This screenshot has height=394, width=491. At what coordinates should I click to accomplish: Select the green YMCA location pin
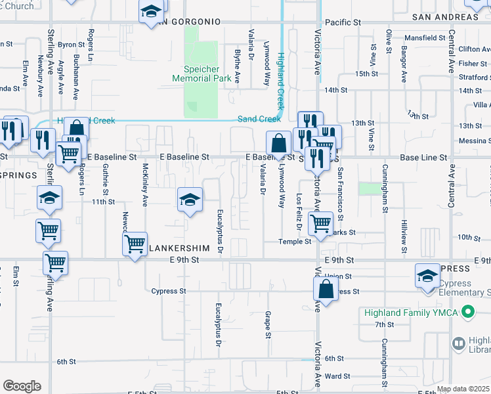click(x=468, y=312)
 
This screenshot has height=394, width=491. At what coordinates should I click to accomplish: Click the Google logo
click(x=22, y=386)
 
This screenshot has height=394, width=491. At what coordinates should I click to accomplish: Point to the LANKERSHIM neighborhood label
click(x=181, y=249)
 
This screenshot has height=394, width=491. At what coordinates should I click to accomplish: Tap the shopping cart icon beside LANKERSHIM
click(x=135, y=244)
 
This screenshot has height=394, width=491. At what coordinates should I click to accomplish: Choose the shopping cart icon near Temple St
click(x=320, y=223)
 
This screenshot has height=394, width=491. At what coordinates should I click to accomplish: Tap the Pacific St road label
click(x=343, y=22)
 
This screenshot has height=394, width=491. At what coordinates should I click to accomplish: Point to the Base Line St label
click(x=424, y=158)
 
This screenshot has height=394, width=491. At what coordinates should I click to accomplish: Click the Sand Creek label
click(x=259, y=119)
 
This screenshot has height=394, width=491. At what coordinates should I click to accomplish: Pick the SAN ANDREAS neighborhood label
click(x=441, y=17)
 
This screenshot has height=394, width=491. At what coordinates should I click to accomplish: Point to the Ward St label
click(x=337, y=376)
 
